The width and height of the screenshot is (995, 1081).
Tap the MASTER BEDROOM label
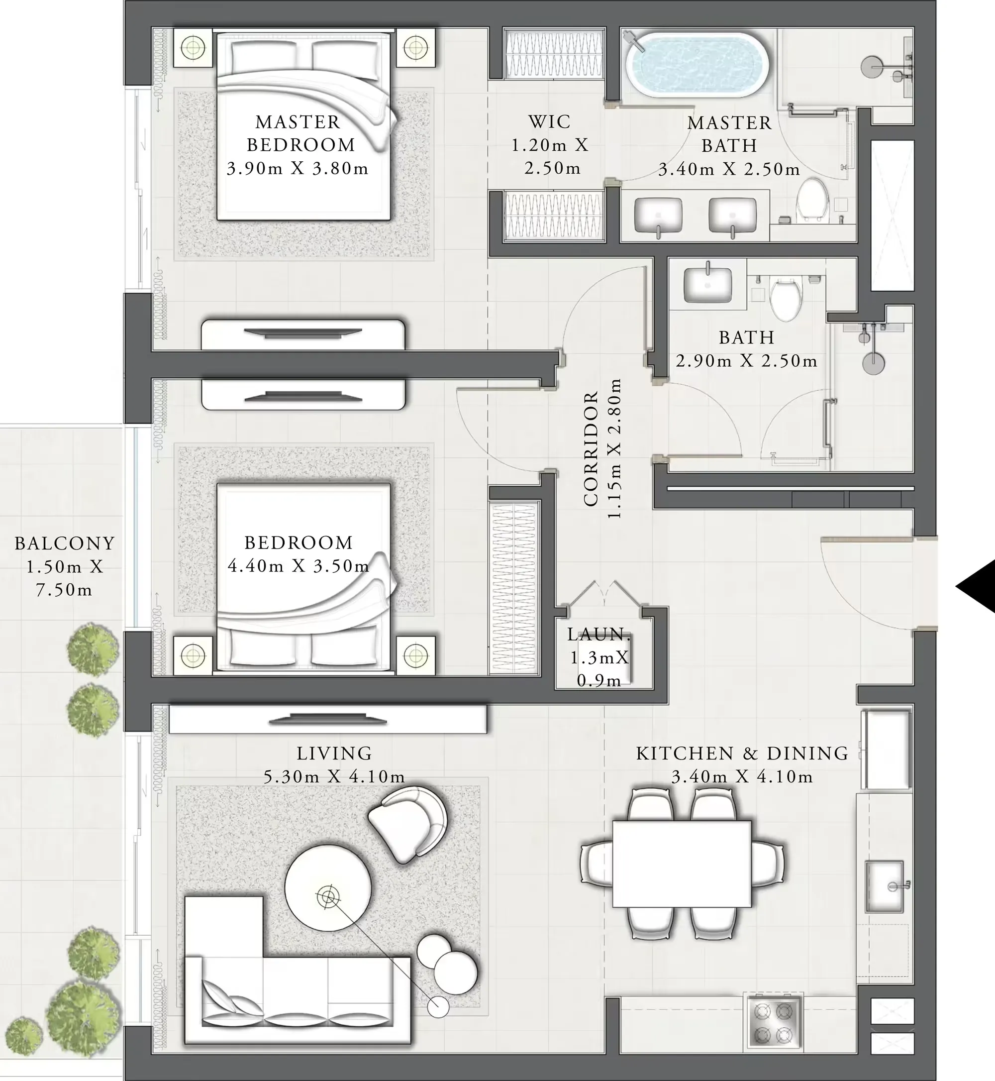(299, 133)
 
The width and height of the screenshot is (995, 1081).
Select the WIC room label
(549, 122)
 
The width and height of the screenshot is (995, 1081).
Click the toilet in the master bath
(812, 199)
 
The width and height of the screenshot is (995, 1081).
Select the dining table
(682, 864)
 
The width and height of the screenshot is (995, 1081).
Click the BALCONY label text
(65, 543)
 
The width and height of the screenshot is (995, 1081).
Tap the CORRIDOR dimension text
(614, 448)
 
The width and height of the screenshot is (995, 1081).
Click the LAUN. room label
(598, 634)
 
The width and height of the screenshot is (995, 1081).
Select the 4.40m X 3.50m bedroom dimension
(299, 566)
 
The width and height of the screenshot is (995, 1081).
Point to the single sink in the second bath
(708, 283)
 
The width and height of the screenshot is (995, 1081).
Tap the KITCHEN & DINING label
(742, 754)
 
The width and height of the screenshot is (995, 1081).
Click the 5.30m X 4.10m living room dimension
(334, 777)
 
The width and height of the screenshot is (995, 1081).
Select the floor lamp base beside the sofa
(438, 1007)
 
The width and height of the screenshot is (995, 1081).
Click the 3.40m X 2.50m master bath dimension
(729, 170)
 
